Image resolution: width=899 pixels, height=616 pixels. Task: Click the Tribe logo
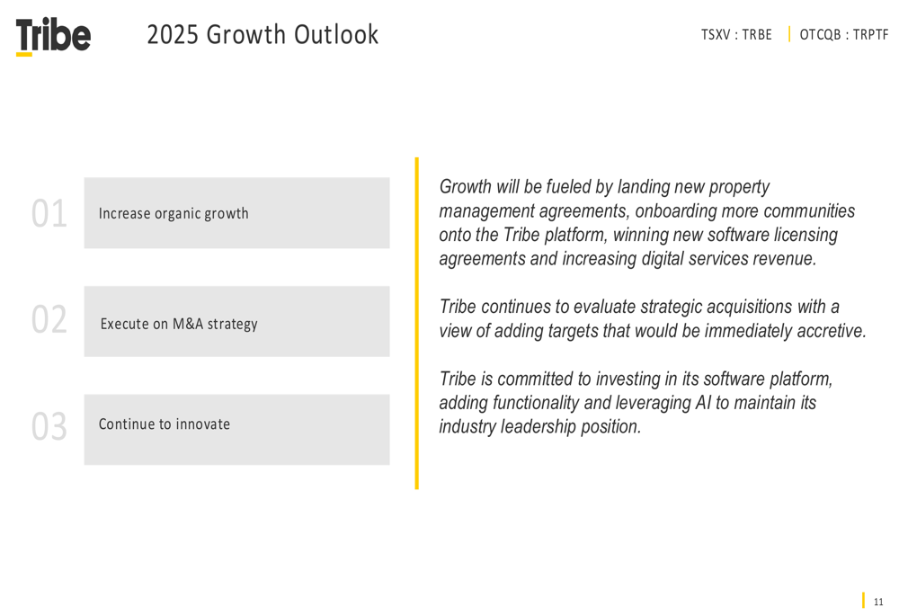pos(53,36)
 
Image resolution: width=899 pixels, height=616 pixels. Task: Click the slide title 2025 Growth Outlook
pos(263,34)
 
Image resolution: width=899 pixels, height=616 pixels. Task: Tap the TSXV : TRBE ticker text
pos(736,35)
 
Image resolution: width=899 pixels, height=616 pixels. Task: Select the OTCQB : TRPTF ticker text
pos(843,35)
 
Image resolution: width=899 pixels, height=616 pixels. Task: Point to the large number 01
pos(49,213)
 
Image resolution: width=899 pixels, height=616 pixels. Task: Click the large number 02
pos(49,319)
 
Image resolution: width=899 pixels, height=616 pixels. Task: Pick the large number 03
pos(49,427)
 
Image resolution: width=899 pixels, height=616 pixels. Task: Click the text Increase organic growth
pos(174,213)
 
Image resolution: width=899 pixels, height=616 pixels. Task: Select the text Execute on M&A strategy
pos(179,324)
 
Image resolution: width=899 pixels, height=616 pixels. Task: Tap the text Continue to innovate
pos(165,424)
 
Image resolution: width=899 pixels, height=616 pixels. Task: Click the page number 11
pos(878,602)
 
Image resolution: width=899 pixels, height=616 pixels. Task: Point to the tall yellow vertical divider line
pos(417,324)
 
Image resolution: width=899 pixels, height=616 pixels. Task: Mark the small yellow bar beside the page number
pos(863,600)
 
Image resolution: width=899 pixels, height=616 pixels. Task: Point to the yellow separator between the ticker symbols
pos(789,34)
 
